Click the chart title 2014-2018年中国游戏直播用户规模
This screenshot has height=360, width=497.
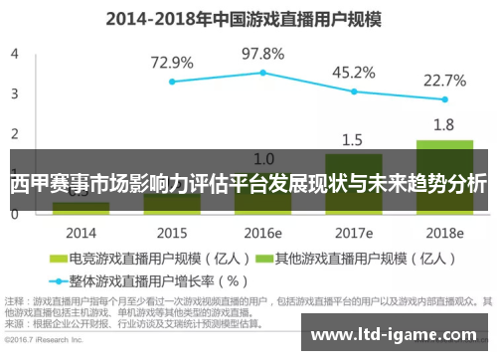tap(248, 17)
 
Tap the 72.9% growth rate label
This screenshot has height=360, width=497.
tap(172, 63)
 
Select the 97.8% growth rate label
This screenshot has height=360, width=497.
tap(262, 54)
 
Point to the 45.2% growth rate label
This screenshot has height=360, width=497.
tap(353, 73)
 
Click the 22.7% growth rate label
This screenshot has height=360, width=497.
tap(444, 81)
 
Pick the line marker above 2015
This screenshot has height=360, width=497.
tap(172, 82)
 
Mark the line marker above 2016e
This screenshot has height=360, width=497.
tap(262, 73)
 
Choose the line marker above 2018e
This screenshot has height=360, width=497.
tap(444, 99)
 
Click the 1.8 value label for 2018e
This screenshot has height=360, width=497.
tap(444, 125)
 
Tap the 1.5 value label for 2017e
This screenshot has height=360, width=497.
tap(353, 139)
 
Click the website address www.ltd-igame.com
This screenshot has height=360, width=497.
tap(393, 337)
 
